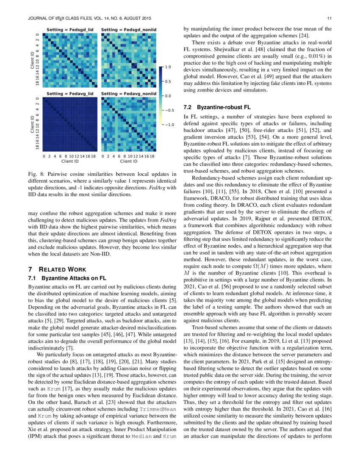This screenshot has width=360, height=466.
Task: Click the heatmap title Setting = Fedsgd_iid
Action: click(70, 31)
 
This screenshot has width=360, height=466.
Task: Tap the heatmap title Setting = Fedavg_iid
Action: click(70, 93)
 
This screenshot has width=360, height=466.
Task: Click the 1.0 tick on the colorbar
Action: click(168, 67)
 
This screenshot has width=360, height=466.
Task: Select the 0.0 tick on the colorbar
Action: click(168, 96)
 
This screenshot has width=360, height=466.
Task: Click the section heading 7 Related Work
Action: click(57, 269)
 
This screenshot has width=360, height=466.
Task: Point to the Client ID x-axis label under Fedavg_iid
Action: click(70, 161)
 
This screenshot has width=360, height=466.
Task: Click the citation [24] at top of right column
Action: click(303, 36)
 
